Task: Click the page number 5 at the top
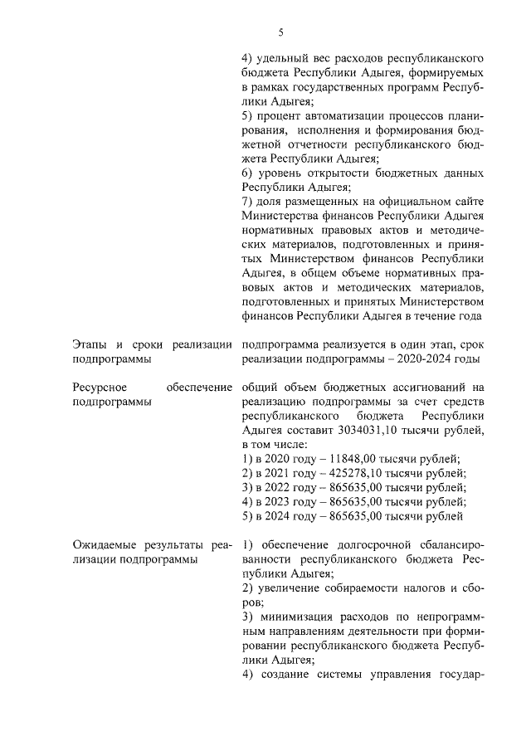280,32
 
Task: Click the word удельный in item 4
284,58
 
